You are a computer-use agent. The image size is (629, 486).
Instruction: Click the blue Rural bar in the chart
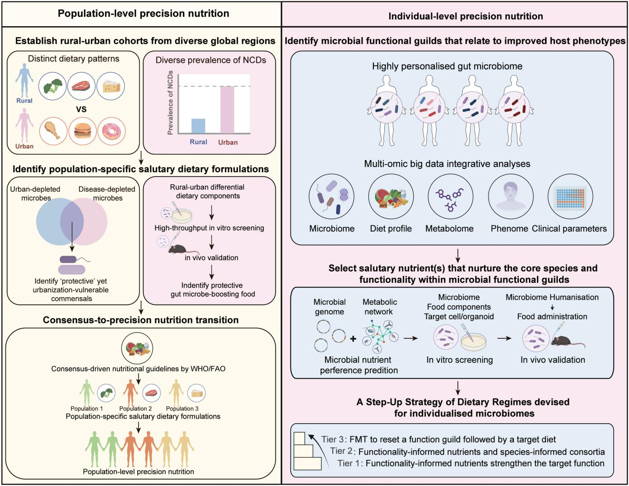click(198, 126)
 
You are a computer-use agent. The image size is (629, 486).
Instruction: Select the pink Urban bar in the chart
click(228, 110)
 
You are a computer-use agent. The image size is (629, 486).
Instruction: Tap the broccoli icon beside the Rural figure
click(53, 86)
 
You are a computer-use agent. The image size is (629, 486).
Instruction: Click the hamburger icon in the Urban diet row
click(83, 132)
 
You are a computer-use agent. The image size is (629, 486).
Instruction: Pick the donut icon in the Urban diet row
click(111, 131)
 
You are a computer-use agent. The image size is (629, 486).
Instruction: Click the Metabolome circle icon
click(450, 197)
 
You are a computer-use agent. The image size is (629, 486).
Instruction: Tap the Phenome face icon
click(509, 197)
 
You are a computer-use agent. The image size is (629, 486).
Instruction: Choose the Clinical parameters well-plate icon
click(569, 197)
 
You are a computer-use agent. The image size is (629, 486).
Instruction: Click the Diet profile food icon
click(390, 197)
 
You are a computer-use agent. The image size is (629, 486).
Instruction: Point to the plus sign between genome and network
click(353, 338)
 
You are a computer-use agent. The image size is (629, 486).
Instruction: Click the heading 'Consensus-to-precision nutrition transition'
click(141, 320)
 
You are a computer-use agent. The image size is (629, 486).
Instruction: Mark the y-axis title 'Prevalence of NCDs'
click(170, 103)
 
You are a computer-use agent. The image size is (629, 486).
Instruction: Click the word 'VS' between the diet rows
click(81, 109)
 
